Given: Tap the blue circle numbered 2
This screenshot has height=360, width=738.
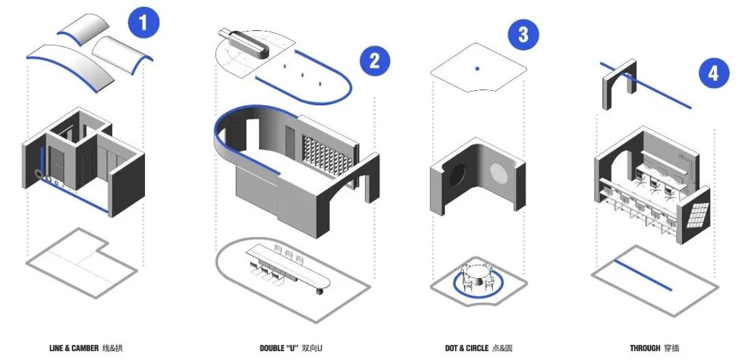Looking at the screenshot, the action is pyautogui.click(x=375, y=59).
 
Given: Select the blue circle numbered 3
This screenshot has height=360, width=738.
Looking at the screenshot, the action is pyautogui.click(x=523, y=34).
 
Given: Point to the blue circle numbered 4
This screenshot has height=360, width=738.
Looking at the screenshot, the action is pyautogui.click(x=713, y=73).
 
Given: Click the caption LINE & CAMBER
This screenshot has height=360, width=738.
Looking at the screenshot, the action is pyautogui.click(x=74, y=348).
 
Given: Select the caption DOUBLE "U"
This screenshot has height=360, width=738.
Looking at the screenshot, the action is pyautogui.click(x=279, y=348).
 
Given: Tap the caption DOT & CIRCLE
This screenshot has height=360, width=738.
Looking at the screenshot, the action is pyautogui.click(x=467, y=348).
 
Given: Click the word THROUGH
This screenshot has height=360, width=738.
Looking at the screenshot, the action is pyautogui.click(x=645, y=348).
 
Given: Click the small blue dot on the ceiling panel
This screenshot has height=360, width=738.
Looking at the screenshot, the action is pyautogui.click(x=477, y=69).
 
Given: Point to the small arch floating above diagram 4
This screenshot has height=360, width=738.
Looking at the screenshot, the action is pyautogui.click(x=620, y=84).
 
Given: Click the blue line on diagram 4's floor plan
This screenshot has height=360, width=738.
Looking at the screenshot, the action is pyautogui.click(x=643, y=275).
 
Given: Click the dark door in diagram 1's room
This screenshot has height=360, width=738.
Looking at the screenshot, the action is pyautogui.click(x=57, y=167).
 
